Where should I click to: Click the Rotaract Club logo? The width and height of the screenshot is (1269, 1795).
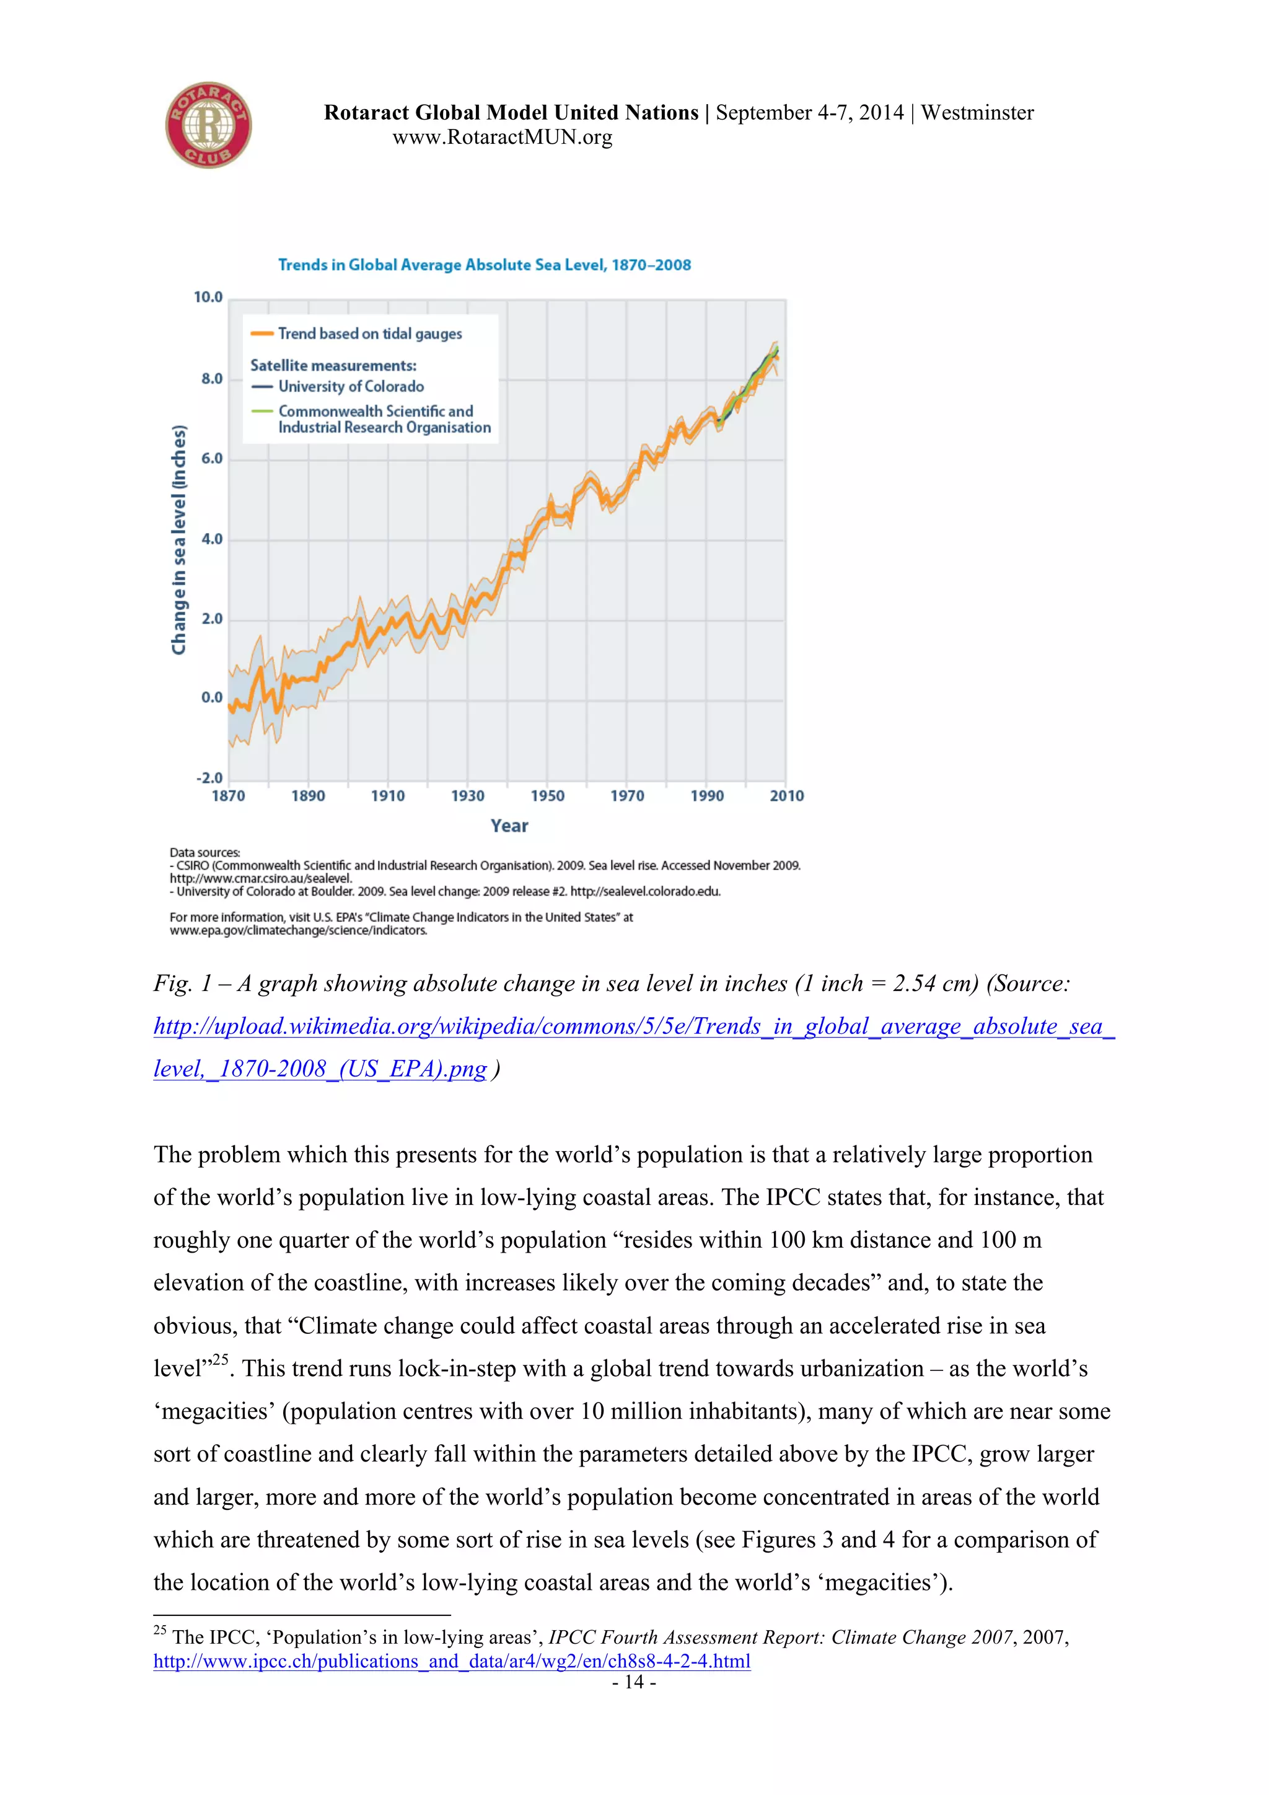click(x=208, y=125)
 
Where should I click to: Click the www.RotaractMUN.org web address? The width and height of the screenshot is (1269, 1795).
click(x=502, y=138)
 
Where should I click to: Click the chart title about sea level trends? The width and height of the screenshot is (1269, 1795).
click(x=485, y=265)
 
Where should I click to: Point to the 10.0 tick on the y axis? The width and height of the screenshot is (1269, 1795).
click(x=208, y=297)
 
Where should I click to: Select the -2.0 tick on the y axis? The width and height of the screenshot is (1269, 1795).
click(x=209, y=778)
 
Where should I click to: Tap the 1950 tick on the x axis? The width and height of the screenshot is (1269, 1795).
click(x=547, y=796)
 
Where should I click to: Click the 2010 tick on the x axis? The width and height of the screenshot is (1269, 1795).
click(x=786, y=796)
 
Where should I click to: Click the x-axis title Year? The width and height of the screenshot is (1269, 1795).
click(x=509, y=826)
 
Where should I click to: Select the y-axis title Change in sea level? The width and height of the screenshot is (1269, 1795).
click(x=179, y=539)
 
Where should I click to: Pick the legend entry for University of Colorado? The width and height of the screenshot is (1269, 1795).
click(x=351, y=386)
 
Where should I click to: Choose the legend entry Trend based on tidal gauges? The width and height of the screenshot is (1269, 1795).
click(x=369, y=334)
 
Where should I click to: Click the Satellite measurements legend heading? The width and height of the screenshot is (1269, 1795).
click(x=333, y=365)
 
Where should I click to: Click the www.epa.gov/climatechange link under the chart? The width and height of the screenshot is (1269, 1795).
click(x=299, y=930)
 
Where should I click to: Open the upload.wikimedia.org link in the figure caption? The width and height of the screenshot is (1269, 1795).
click(x=633, y=1026)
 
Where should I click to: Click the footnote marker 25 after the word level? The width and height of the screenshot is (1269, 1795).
click(x=221, y=1359)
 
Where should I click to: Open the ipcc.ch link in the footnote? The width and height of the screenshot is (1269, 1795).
click(x=452, y=1661)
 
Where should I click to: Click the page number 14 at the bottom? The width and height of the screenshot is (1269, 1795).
click(x=634, y=1682)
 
